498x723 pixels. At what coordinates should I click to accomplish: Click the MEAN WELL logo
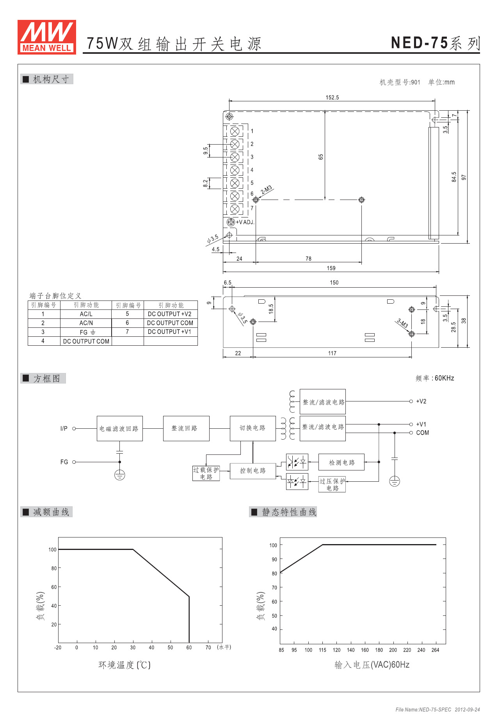point(47,37)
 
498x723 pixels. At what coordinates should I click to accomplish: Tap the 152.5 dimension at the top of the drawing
point(332,97)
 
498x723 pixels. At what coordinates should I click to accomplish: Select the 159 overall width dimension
point(331,268)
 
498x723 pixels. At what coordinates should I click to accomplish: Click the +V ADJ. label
point(245,222)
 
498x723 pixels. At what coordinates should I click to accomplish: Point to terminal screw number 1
point(235,131)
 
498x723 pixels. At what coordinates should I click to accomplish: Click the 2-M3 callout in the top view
point(267,190)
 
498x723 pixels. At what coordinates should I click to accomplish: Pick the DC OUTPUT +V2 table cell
point(170,314)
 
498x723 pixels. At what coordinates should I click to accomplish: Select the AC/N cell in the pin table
point(86,323)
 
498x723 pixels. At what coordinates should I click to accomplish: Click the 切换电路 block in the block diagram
point(253,428)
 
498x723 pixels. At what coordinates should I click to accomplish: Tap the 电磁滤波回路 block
point(119,428)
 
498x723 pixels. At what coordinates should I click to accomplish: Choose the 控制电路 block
point(253,470)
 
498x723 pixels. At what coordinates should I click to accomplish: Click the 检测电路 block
point(341,462)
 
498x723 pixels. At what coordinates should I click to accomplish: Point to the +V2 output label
point(421,401)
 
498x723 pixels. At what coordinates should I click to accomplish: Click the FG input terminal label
point(64,462)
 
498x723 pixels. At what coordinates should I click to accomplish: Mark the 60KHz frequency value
point(444,378)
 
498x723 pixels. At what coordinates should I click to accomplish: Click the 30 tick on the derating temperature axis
point(133,647)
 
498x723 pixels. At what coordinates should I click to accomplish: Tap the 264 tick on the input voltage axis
point(436,650)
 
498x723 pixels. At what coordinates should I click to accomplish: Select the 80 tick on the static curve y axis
point(274,573)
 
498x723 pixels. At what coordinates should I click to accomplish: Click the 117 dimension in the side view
point(332,353)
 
